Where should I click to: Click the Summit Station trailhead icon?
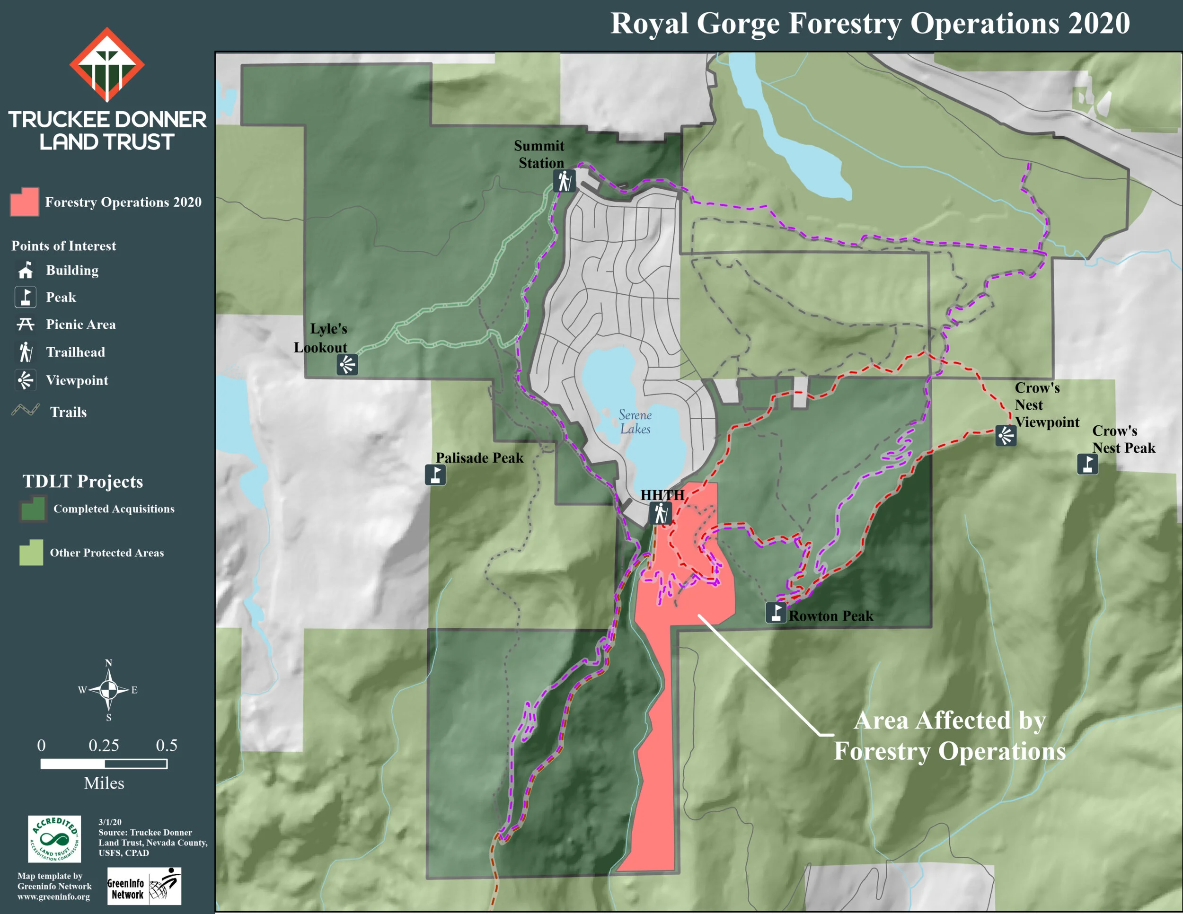point(564,181)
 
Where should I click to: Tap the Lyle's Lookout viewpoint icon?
point(347,364)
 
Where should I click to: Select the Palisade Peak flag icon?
point(435,475)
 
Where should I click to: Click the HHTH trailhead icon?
point(660,513)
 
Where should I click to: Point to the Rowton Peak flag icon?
point(776,612)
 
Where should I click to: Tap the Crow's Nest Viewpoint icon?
point(1006,435)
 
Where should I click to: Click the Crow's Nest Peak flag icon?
point(1087,464)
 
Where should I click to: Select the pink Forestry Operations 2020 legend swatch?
point(25,202)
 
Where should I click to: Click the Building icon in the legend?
point(25,270)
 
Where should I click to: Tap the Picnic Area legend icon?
point(25,325)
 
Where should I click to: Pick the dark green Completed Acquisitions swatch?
point(33,509)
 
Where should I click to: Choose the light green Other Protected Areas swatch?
point(31,552)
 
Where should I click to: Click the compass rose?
point(108,690)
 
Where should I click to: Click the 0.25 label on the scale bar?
point(104,746)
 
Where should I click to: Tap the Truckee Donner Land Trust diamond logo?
point(107,65)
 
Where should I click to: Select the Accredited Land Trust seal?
point(54,839)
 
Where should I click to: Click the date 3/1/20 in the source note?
point(110,822)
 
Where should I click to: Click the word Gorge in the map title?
point(738,24)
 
